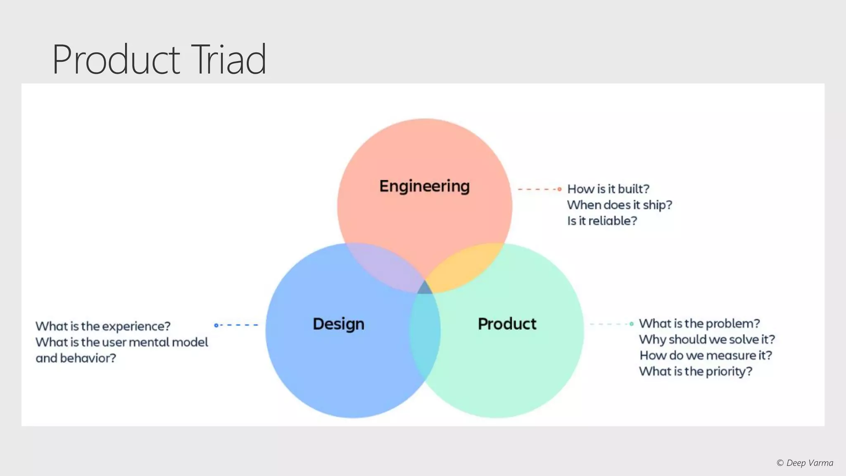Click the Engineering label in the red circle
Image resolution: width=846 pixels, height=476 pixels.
pyautogui.click(x=424, y=186)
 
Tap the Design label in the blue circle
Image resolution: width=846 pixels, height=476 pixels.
pyautogui.click(x=338, y=324)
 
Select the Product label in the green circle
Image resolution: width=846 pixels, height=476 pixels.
pyautogui.click(x=507, y=324)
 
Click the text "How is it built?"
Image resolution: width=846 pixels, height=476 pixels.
pyautogui.click(x=608, y=189)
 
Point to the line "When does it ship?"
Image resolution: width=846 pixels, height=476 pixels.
pyautogui.click(x=619, y=205)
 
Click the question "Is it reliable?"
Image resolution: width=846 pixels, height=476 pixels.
pyautogui.click(x=602, y=221)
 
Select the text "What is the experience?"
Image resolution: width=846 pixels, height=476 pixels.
pyautogui.click(x=103, y=326)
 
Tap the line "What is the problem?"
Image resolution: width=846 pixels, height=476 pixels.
pyautogui.click(x=699, y=324)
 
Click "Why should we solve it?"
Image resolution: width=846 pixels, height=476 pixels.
pyautogui.click(x=707, y=340)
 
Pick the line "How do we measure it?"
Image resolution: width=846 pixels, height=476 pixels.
pyautogui.click(x=706, y=355)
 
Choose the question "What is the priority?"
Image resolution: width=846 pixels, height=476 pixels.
pyautogui.click(x=696, y=371)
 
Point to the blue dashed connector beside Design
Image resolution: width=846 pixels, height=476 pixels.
pyautogui.click(x=237, y=325)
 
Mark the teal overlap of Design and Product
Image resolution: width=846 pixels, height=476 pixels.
pyautogui.click(x=425, y=335)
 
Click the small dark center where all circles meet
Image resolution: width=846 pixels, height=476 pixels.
pyautogui.click(x=425, y=288)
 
